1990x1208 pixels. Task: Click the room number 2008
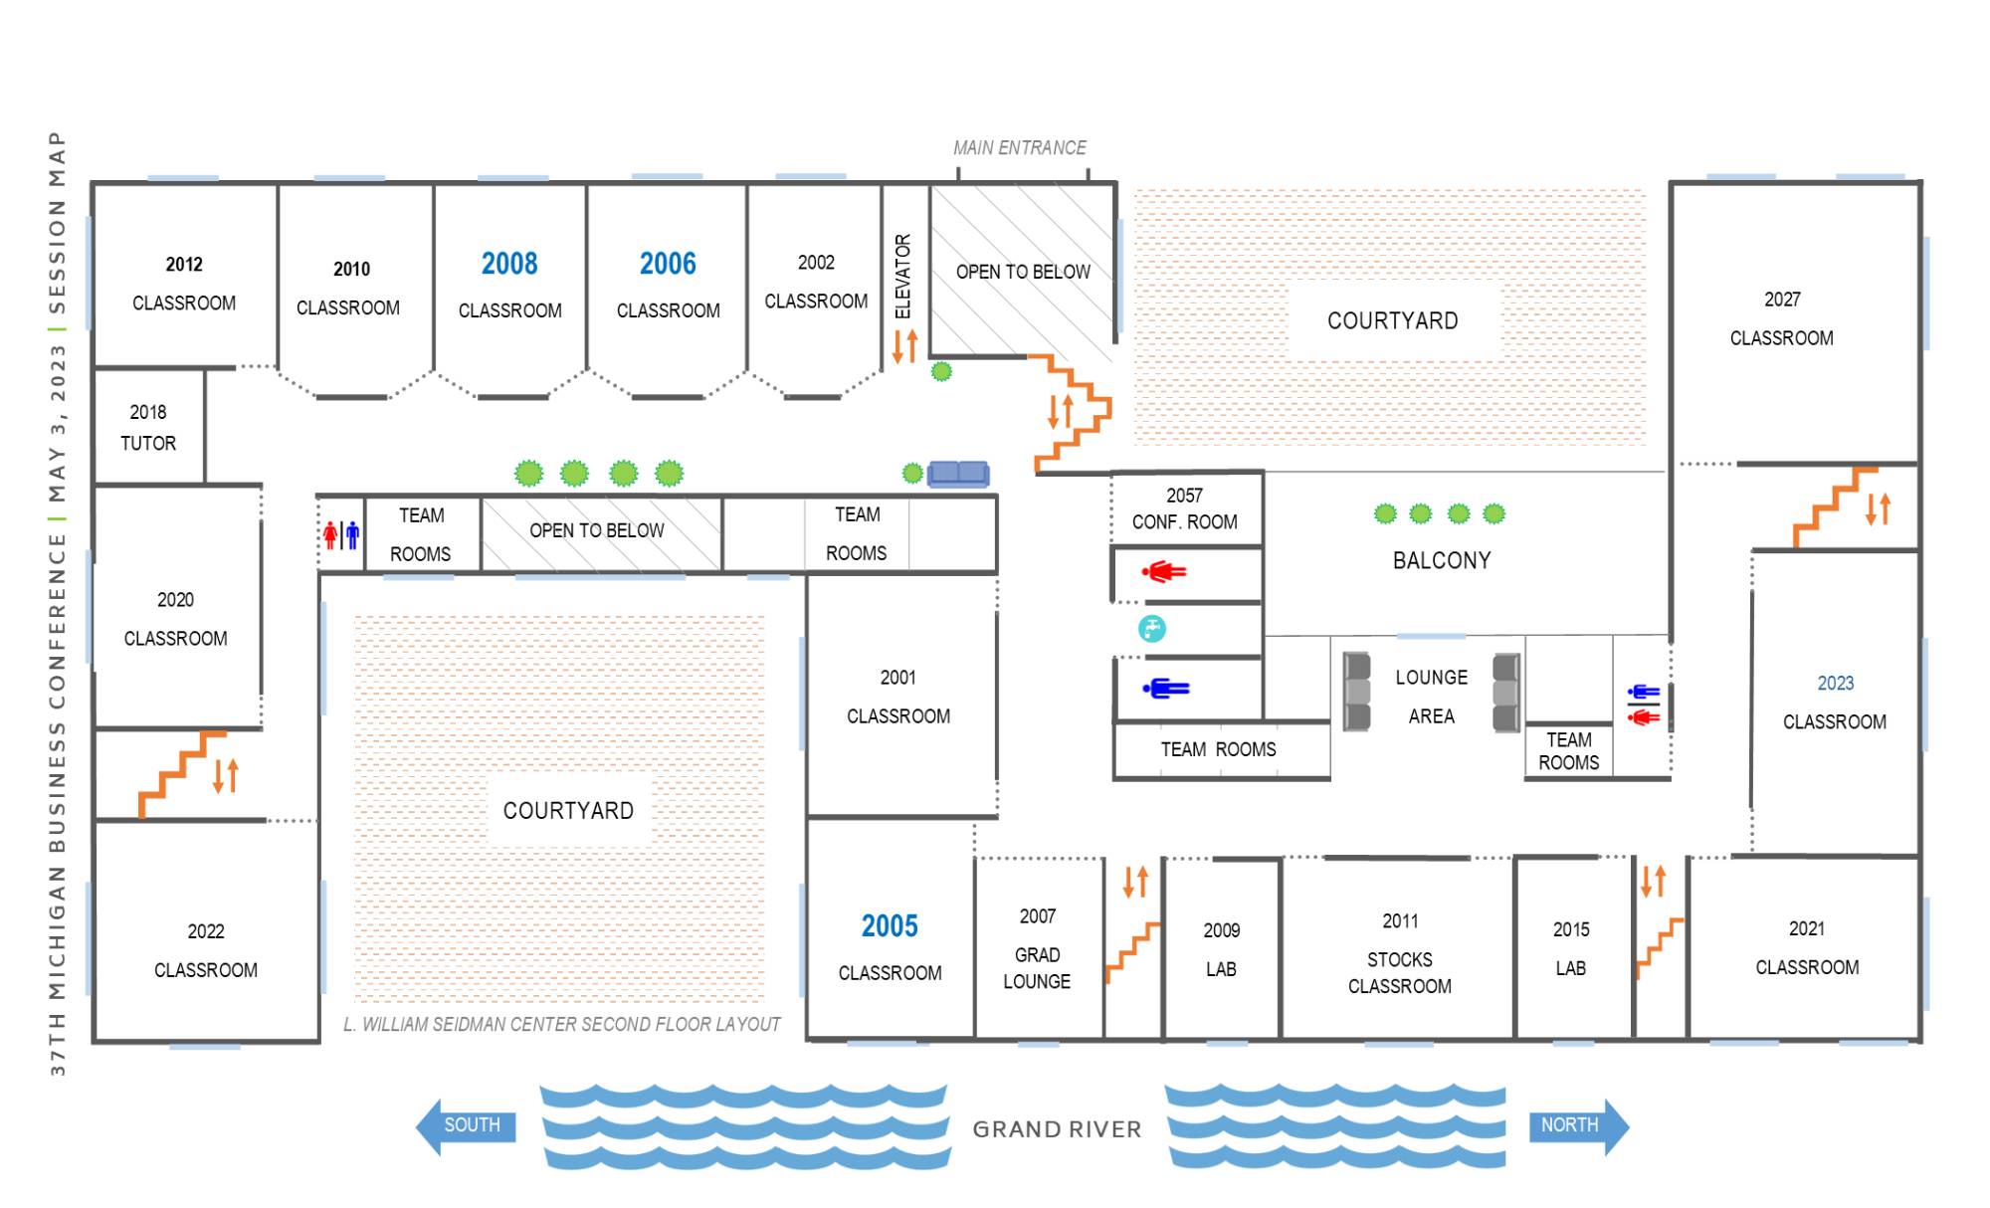click(509, 264)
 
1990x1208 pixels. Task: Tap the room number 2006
click(668, 264)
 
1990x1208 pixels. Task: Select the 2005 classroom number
click(890, 926)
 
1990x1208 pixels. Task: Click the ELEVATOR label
click(902, 277)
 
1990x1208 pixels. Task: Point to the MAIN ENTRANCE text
click(1020, 148)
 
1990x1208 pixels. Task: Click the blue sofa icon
click(958, 474)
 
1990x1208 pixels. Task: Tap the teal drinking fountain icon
click(1152, 628)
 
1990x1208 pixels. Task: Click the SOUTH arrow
click(466, 1125)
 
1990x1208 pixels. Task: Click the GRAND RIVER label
click(1057, 1129)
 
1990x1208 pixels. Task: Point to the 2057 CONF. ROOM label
click(1185, 508)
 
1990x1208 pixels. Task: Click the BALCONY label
click(1442, 560)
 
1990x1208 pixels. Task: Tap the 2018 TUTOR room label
click(148, 428)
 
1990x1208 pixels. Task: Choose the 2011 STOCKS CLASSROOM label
click(1400, 953)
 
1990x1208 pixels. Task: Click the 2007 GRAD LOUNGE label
click(1037, 948)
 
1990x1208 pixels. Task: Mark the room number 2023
click(1836, 684)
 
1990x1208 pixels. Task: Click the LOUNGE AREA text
click(1431, 697)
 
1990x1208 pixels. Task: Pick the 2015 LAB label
click(1571, 948)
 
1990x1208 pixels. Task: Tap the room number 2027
click(1782, 300)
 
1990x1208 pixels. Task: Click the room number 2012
click(184, 265)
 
